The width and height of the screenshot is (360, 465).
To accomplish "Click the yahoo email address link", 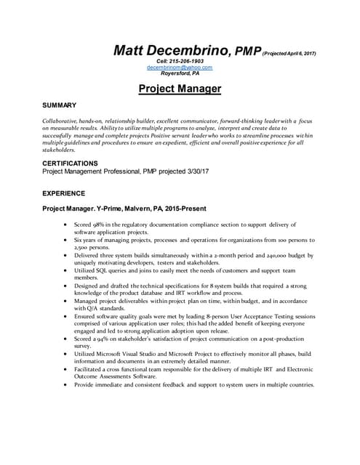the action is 180,67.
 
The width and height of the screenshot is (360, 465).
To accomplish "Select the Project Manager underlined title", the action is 180,89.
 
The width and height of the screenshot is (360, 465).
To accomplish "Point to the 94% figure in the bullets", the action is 105,338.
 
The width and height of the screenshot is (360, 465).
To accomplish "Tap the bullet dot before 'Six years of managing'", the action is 67,240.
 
